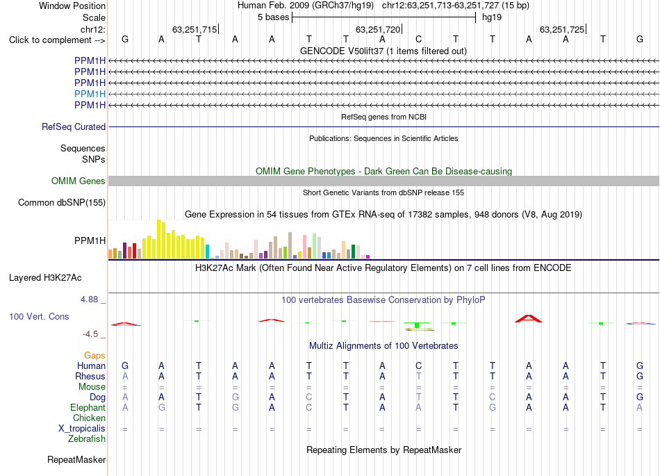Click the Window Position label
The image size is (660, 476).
pos(72,6)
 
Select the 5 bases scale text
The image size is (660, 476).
pos(274,17)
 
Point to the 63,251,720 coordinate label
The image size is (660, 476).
pos(378,29)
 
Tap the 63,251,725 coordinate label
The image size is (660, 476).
pos(562,29)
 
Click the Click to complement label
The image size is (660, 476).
pos(57,40)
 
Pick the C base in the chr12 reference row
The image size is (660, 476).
pos(418,39)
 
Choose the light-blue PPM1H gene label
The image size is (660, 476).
pos(90,94)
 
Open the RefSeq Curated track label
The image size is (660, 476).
pos(74,126)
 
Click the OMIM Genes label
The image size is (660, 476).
pos(79,181)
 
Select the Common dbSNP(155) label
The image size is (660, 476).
pos(62,202)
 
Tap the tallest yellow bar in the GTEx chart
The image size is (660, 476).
pos(158,239)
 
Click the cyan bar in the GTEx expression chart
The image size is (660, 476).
pos(207,252)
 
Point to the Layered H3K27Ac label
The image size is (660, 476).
pos(45,278)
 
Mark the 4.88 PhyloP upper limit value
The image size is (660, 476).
pos(89,299)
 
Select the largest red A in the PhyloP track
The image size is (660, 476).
pos(529,318)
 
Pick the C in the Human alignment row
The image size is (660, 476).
pos(418,366)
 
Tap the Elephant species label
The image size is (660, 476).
pos(88,407)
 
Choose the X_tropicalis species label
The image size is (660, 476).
pos(82,429)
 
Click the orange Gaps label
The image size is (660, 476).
pos(94,356)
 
